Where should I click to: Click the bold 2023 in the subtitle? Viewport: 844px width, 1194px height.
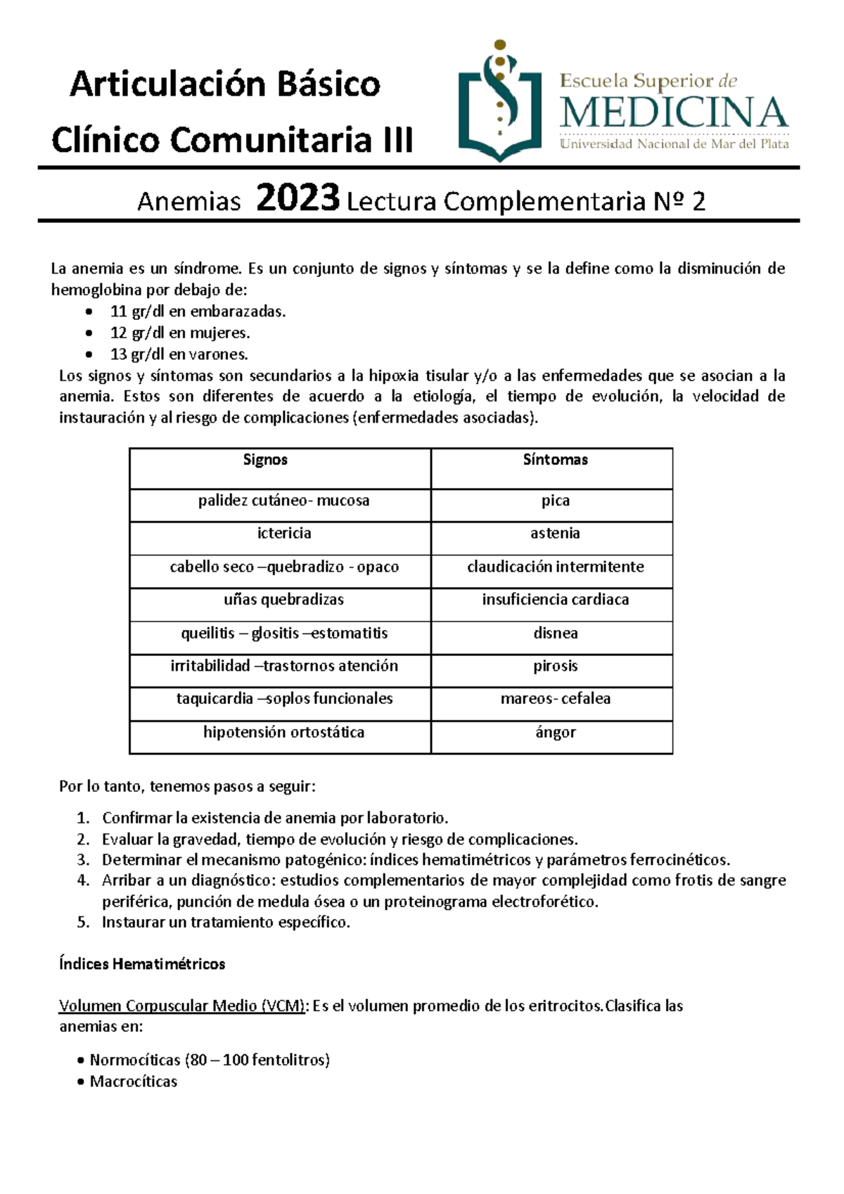(x=298, y=198)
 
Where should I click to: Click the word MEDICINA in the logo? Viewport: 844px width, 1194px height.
(x=674, y=113)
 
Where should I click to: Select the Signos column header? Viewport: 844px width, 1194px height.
(x=265, y=460)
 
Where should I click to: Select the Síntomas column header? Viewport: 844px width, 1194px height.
(x=555, y=460)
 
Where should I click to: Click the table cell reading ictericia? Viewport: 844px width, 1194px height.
(x=284, y=533)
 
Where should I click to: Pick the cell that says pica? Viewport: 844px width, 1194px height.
(x=555, y=501)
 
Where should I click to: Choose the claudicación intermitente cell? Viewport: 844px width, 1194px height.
(x=555, y=567)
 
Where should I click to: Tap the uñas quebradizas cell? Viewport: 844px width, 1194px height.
(x=283, y=600)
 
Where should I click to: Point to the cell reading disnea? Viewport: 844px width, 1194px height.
(x=555, y=633)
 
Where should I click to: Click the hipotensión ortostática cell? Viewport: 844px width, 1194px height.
(x=283, y=733)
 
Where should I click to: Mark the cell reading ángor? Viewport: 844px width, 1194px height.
(x=555, y=733)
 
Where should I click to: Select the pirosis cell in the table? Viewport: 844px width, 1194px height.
(x=555, y=666)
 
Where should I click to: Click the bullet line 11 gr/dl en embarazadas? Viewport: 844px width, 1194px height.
(x=198, y=312)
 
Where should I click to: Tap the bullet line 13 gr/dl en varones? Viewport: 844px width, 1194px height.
(x=179, y=354)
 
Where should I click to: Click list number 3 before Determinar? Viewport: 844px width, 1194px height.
(x=83, y=859)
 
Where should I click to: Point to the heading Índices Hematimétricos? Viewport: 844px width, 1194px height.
(x=142, y=964)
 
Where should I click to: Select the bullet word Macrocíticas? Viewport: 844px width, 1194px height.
(x=133, y=1081)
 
